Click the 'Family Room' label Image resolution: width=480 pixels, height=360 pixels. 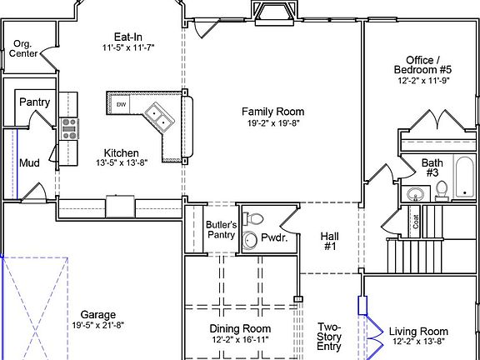272,112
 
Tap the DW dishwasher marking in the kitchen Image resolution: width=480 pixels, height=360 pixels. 121,104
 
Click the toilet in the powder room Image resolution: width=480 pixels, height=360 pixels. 257,219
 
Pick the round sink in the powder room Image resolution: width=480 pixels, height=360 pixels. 250,241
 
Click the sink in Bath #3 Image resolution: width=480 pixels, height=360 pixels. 414,194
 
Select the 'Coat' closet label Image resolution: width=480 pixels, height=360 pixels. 415,222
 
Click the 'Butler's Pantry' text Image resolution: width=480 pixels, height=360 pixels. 222,229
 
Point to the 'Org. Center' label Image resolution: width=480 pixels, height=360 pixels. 23,48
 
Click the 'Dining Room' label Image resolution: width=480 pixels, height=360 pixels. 240,329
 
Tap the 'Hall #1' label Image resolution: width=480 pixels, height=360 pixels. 329,242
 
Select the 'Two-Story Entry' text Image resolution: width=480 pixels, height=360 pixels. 329,337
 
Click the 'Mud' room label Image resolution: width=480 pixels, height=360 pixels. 29,162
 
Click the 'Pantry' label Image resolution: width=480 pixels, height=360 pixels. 34,102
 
